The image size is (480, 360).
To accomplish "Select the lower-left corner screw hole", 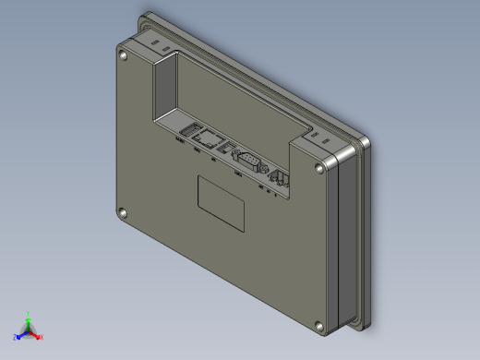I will [x=120, y=213].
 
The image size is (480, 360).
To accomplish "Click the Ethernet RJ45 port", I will [x=211, y=139].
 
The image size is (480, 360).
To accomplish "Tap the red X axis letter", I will [x=42, y=337].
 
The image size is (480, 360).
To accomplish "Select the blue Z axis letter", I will [x=15, y=338].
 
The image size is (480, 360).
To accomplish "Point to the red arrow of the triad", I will [x=36, y=334].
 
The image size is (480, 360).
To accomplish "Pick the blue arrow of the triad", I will [x=21, y=334].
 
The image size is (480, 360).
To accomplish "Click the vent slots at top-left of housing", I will [x=155, y=41].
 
